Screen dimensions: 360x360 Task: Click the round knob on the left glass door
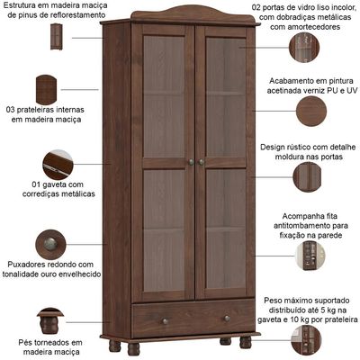(191, 162)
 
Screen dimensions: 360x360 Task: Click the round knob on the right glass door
(202, 162)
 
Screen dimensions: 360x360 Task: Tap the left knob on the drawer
(165, 321)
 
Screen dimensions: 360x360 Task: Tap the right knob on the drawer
(227, 319)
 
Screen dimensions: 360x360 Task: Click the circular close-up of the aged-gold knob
(50, 245)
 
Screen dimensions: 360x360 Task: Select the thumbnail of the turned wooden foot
(50, 321)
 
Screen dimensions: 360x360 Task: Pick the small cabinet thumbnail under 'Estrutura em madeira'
(57, 37)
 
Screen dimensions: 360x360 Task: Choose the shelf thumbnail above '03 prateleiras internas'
(46, 89)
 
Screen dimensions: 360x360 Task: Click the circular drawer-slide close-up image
(58, 165)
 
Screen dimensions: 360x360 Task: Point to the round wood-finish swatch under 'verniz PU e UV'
(311, 111)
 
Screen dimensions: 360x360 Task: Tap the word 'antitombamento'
(303, 226)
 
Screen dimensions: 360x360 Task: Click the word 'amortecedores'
(305, 27)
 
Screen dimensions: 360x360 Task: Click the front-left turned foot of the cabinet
(133, 348)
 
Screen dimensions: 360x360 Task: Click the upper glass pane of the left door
(164, 96)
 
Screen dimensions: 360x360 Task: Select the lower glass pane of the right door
(226, 229)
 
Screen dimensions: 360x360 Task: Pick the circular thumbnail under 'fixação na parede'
(310, 256)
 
